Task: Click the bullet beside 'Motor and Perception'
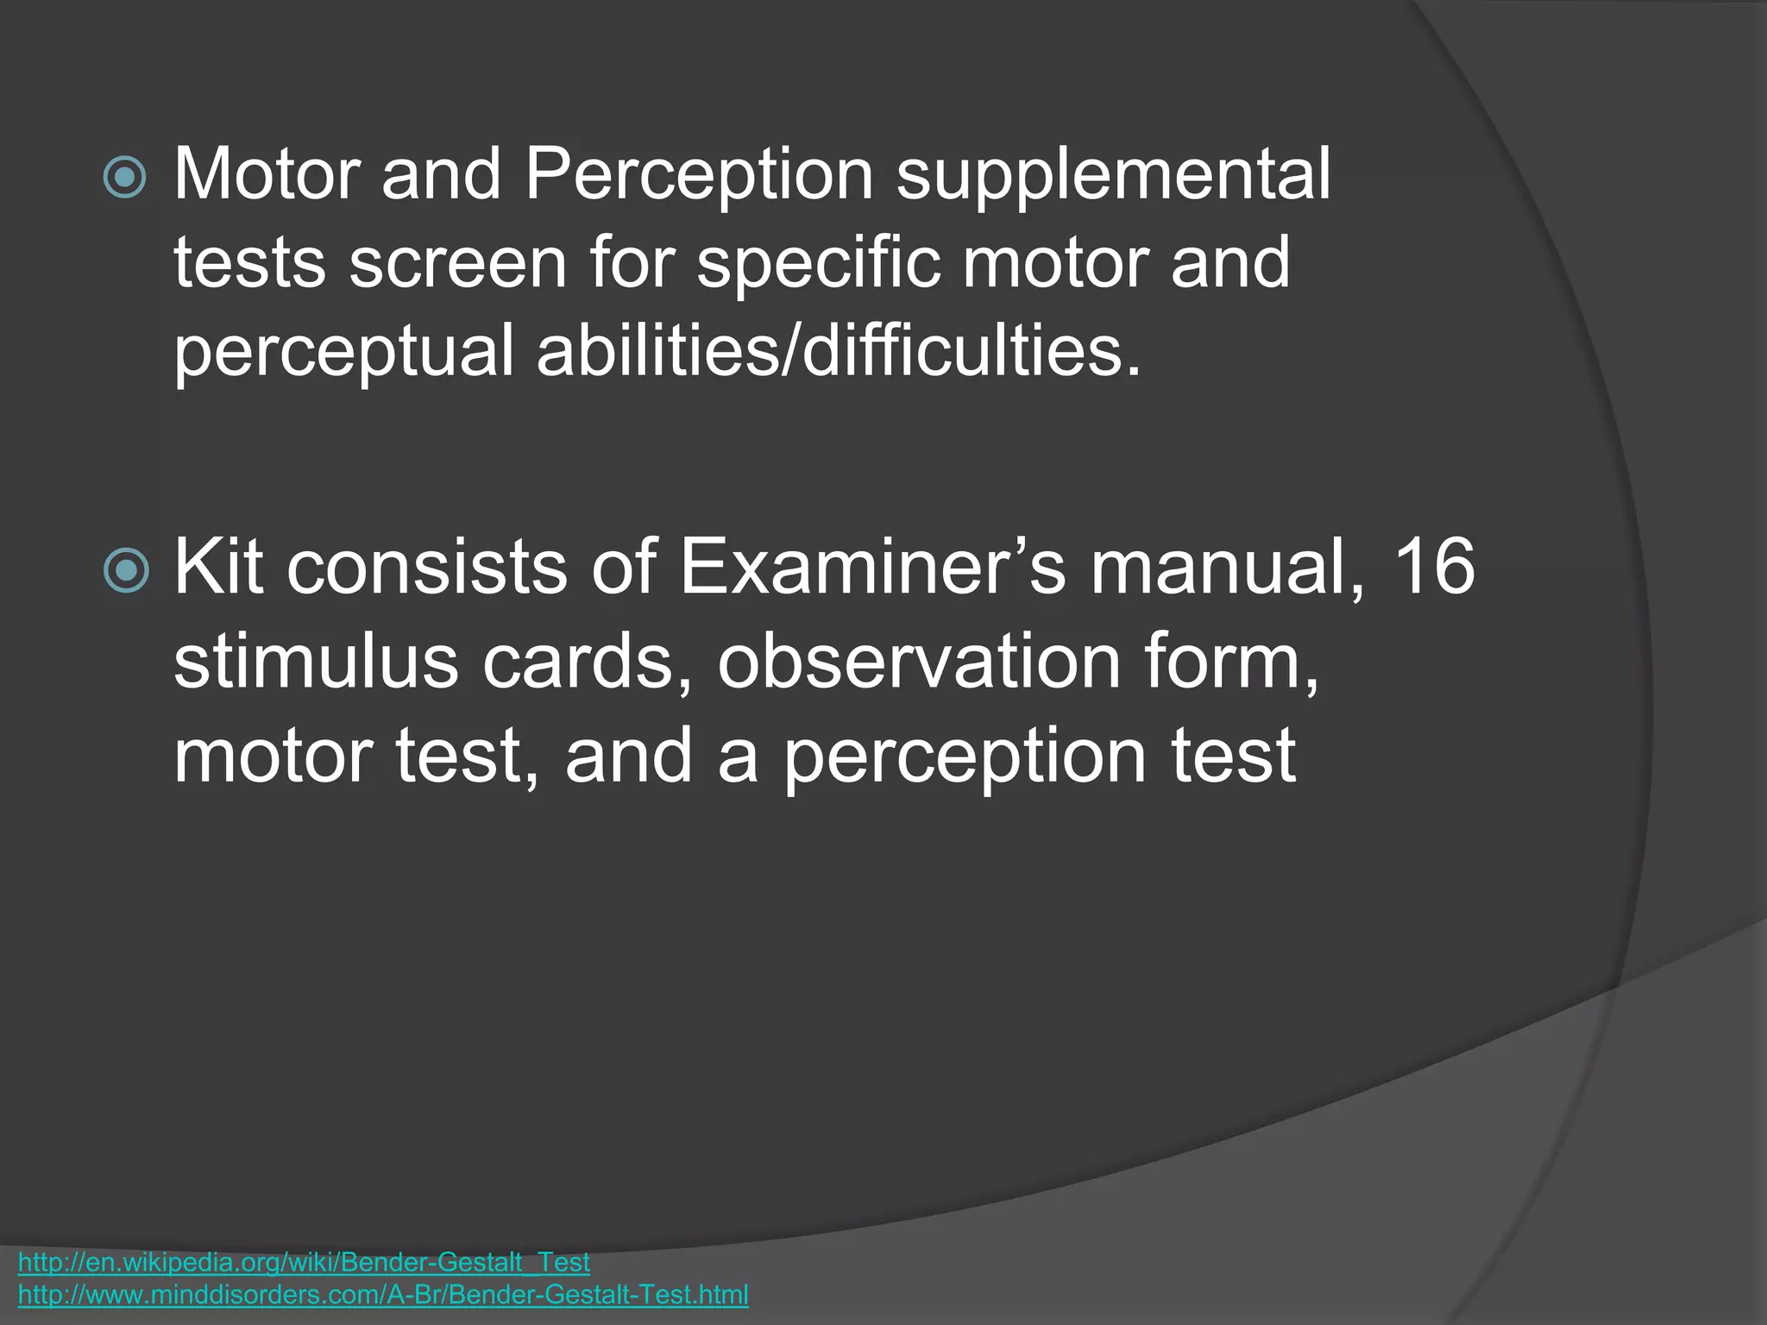(x=125, y=178)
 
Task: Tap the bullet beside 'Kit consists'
(x=125, y=571)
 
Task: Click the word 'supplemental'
(x=1113, y=176)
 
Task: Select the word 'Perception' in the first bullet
(x=699, y=174)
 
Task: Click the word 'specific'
(x=818, y=264)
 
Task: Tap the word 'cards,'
(x=587, y=662)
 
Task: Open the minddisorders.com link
(x=383, y=1295)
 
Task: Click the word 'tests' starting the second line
(x=250, y=264)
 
